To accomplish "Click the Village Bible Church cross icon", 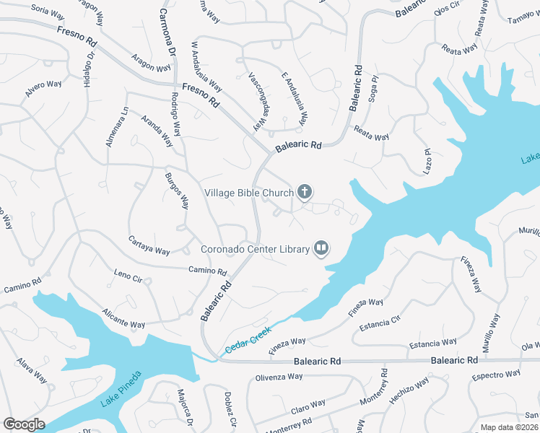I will point(305,192).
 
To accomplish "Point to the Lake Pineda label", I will point(121,390).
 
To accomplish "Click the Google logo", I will point(24,424).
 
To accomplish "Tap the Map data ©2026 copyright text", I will point(509,427).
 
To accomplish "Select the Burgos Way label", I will point(177,191).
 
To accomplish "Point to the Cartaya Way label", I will point(149,245).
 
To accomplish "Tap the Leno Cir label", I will point(128,276).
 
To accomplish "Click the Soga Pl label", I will point(373,89).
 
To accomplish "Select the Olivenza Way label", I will point(279,377).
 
